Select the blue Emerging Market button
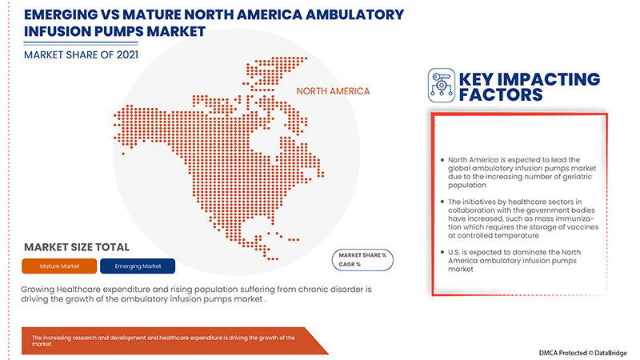tap(138, 266)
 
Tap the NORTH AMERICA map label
tap(334, 91)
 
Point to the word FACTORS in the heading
tap(501, 96)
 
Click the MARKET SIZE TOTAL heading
tap(77, 247)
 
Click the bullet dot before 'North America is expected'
tap(442, 161)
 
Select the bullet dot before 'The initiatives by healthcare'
tap(442, 199)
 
